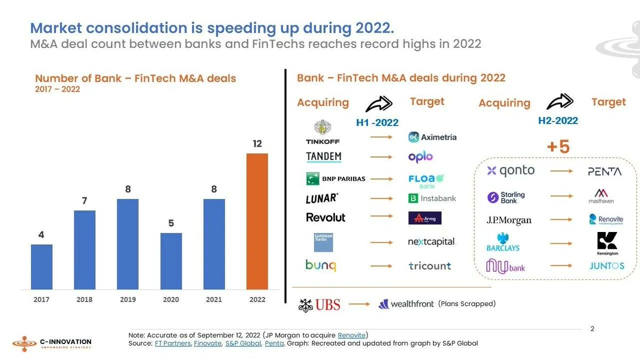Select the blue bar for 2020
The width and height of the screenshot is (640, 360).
[x=171, y=261]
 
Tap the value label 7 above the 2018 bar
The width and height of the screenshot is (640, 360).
[x=84, y=201]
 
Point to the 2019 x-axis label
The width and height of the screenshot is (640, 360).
[x=127, y=300]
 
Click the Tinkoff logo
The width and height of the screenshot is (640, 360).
[x=323, y=133]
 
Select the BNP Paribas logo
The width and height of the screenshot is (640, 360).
[x=335, y=179]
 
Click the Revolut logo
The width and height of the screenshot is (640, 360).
[x=325, y=218]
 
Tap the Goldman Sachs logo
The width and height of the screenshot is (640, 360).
[x=323, y=242]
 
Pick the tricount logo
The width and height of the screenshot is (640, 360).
[x=430, y=266]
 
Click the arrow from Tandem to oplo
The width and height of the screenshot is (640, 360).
[x=381, y=157]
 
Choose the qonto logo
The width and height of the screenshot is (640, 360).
[x=510, y=171]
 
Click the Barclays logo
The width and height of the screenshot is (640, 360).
[x=502, y=242]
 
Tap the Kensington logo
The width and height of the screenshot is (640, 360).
[x=607, y=244]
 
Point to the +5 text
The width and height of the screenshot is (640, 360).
[x=558, y=147]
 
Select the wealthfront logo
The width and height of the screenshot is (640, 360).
[x=406, y=305]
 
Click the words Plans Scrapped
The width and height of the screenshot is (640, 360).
[x=467, y=304]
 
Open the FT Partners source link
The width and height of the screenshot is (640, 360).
[x=172, y=343]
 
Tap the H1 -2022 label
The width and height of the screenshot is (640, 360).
[x=377, y=123]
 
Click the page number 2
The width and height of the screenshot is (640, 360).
[x=592, y=329]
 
